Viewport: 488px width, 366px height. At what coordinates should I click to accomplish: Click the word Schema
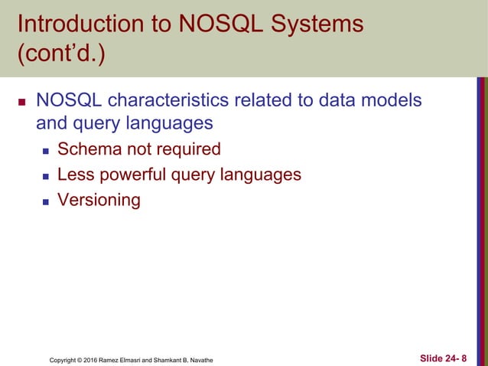tap(93, 149)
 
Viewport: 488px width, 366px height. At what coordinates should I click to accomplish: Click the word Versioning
tap(99, 201)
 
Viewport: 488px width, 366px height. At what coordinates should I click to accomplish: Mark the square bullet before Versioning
tap(45, 201)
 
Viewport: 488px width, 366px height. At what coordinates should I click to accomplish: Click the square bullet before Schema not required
tap(45, 149)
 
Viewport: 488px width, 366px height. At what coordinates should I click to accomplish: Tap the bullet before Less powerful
tap(45, 175)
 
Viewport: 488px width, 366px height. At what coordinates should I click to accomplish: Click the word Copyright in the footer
tap(64, 359)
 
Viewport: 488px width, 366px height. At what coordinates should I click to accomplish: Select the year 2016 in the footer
tap(99, 359)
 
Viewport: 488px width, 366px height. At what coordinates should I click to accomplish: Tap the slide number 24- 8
tap(455, 358)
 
